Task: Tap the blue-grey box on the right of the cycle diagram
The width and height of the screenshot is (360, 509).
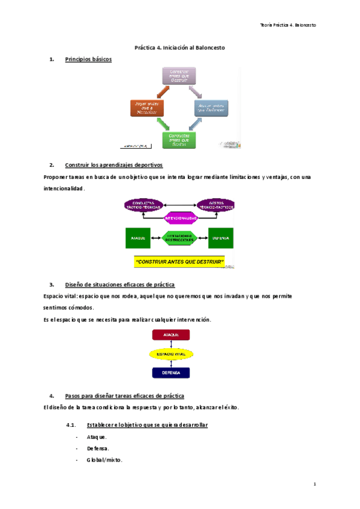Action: click(x=211, y=107)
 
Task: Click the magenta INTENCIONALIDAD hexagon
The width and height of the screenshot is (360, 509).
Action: click(x=180, y=218)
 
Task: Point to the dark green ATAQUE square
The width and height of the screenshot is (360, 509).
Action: click(x=137, y=238)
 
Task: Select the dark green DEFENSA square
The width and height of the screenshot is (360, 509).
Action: click(x=220, y=238)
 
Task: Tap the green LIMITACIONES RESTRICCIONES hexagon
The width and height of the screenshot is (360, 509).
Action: click(x=179, y=238)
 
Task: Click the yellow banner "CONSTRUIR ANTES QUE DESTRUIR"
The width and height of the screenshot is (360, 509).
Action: click(x=180, y=262)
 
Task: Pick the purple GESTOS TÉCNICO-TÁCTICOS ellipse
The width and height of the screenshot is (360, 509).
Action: click(x=215, y=205)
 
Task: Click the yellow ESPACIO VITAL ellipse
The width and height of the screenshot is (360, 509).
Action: click(x=171, y=355)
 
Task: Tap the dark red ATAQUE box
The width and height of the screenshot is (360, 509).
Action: click(x=171, y=336)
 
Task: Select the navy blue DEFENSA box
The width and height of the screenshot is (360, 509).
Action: click(x=171, y=373)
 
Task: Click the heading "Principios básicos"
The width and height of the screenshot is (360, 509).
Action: click(x=88, y=59)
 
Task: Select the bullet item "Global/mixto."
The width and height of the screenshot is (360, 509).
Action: click(x=104, y=460)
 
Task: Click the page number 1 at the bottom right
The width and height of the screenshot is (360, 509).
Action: click(x=314, y=484)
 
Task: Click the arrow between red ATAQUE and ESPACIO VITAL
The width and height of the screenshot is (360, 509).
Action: click(x=171, y=345)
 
